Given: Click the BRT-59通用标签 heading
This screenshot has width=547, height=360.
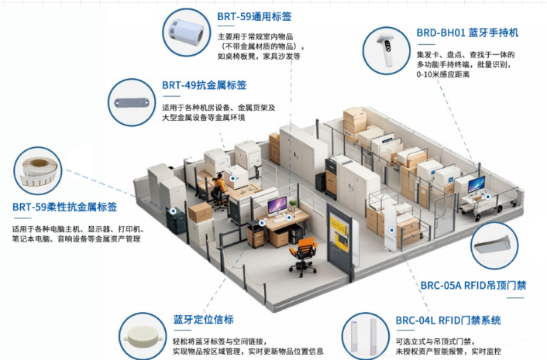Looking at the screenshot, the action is [254, 16].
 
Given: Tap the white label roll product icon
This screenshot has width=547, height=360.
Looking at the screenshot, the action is [186, 32].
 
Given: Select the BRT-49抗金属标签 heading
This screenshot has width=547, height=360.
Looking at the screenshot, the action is [204, 85].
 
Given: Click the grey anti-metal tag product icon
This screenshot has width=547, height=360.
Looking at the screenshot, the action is [132, 103].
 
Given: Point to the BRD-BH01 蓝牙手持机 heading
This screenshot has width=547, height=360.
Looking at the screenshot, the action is [467, 33].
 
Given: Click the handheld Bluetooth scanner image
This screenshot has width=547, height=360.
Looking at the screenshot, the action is [386, 51].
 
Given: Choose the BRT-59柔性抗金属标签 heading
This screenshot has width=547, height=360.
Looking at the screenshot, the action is [64, 207].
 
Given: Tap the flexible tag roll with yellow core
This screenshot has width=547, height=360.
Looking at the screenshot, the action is [39, 171].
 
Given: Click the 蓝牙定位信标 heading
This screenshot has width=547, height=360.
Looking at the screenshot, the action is [203, 320].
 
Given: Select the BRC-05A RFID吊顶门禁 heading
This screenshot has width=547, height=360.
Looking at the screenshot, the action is [473, 286].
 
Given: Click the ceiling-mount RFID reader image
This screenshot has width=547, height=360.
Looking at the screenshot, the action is [492, 245].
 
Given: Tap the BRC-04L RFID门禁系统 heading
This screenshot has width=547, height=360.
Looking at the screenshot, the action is [449, 321].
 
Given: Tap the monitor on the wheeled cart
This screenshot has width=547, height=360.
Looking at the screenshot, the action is [476, 184].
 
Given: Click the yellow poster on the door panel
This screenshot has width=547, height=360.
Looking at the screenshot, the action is [339, 231].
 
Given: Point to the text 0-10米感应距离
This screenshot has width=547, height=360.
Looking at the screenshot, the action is [443, 74].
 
